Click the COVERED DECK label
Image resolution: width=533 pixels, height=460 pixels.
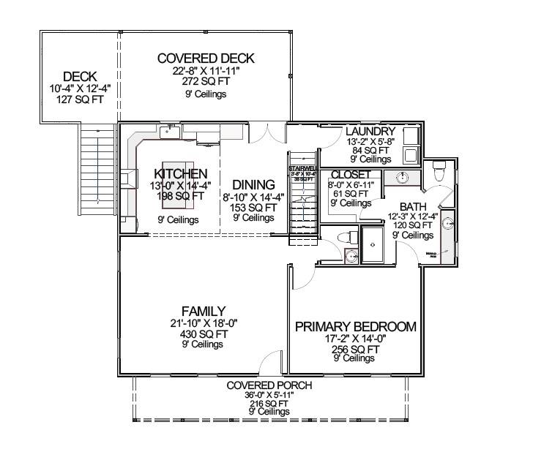tap(205, 59)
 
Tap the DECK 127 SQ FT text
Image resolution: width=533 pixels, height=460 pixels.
tap(80, 99)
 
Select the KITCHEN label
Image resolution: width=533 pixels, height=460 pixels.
tap(180, 173)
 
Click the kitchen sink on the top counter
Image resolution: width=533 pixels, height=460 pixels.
tap(170, 132)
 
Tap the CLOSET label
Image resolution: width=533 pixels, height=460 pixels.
tap(351, 175)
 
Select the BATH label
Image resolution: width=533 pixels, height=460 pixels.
tap(412, 206)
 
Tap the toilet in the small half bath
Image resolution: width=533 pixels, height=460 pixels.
tap(349, 235)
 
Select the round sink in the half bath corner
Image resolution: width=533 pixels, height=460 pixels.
tap(351, 255)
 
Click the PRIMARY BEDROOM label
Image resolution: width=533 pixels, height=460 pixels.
tap(355, 327)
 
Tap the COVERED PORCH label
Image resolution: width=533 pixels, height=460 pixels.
tap(269, 385)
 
